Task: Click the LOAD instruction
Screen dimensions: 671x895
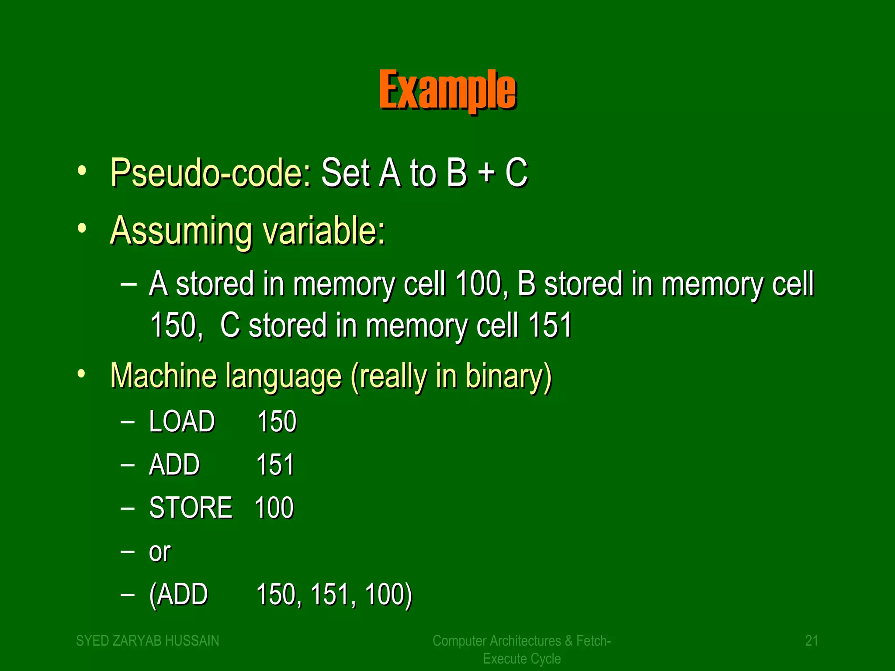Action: [x=182, y=422]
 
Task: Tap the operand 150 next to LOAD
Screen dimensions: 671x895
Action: [x=277, y=422]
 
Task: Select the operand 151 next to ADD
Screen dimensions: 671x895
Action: [x=275, y=464]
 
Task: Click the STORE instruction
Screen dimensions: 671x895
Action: [x=191, y=508]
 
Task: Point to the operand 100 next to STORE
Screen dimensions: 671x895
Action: [x=274, y=508]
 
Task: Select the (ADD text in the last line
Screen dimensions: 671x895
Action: [x=178, y=595]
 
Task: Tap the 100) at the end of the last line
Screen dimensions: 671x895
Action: [x=388, y=595]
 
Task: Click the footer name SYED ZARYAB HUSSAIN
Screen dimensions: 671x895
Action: [x=148, y=641]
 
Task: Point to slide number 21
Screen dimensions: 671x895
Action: [x=812, y=641]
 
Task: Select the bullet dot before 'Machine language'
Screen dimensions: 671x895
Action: [x=81, y=374]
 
